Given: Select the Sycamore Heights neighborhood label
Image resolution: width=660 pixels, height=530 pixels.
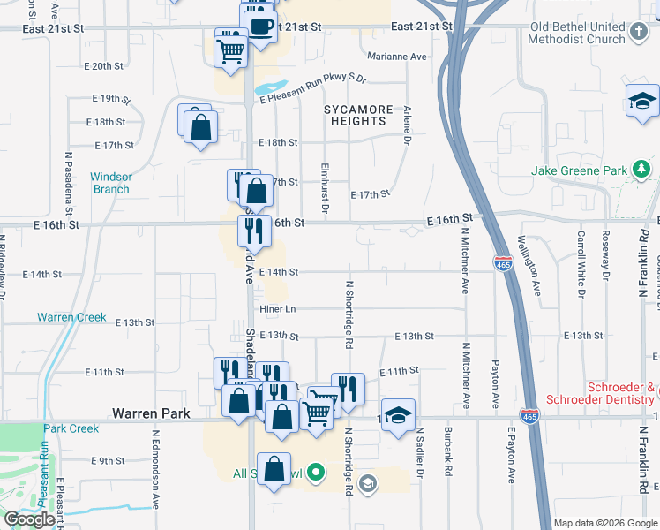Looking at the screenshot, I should pyautogui.click(x=357, y=116).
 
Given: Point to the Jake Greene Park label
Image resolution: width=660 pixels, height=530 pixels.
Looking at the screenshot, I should pyautogui.click(x=579, y=170).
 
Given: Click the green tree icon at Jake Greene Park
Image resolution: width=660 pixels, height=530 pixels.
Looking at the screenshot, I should pyautogui.click(x=641, y=170).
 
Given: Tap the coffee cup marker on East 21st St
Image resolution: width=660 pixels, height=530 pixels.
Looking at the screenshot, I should pyautogui.click(x=260, y=26).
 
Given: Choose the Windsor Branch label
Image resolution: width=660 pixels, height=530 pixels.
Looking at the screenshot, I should pyautogui.click(x=111, y=183).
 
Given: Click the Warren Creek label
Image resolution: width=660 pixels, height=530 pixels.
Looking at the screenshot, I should pyautogui.click(x=71, y=317).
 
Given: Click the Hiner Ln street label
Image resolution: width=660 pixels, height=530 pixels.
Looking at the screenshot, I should pyautogui.click(x=277, y=308).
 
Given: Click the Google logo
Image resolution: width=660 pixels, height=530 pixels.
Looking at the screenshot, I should pyautogui.click(x=29, y=519).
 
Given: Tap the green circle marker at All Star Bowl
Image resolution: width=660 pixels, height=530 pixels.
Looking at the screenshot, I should pyautogui.click(x=317, y=473).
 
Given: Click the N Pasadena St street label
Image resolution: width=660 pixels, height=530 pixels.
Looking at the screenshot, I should pyautogui.click(x=68, y=184).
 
